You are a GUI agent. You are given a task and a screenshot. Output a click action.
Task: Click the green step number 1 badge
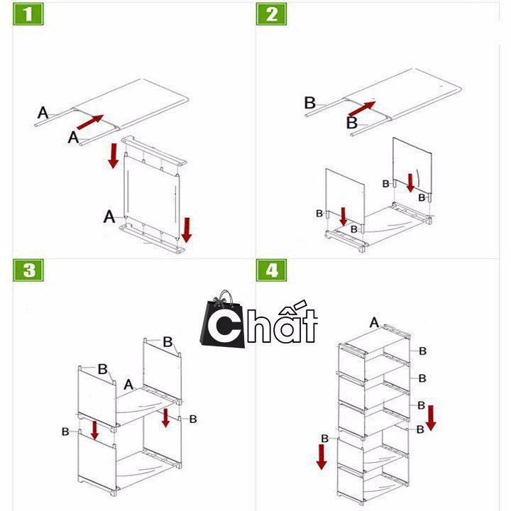pos(28,14)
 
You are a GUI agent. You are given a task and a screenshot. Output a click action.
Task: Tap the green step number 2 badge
pos(271,14)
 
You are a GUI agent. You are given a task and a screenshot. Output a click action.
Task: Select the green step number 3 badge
pos(28,270)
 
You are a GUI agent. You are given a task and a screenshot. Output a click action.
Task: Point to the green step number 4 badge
pos(271,270)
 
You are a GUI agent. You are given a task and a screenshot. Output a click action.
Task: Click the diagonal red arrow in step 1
pos(90,122)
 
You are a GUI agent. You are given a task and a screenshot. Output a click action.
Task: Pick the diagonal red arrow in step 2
pos(362,109)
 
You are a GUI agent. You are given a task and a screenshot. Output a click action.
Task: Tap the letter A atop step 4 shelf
pos(374,323)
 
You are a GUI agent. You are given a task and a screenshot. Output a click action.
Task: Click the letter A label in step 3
pos(128,385)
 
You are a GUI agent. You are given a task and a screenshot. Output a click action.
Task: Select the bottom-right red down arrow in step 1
pos(187,230)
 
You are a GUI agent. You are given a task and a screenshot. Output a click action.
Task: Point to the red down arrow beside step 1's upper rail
pos(113,155)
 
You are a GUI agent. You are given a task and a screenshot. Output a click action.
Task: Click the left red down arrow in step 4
pos(322,457)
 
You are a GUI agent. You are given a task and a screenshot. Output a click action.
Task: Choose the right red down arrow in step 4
pos(431,418)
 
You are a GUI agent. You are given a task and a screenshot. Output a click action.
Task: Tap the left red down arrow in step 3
pos(95,431)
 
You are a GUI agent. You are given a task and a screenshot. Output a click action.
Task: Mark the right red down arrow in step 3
pos(166,418)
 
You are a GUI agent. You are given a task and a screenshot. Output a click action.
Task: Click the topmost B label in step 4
pos(423,351)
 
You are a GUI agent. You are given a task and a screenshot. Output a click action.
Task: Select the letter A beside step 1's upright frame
pos(109,216)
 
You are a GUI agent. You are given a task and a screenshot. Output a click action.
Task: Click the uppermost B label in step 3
pos(167,342)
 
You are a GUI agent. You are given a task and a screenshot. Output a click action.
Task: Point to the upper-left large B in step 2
pos(309,103)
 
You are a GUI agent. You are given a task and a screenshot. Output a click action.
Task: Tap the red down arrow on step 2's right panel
pos(410,183)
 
